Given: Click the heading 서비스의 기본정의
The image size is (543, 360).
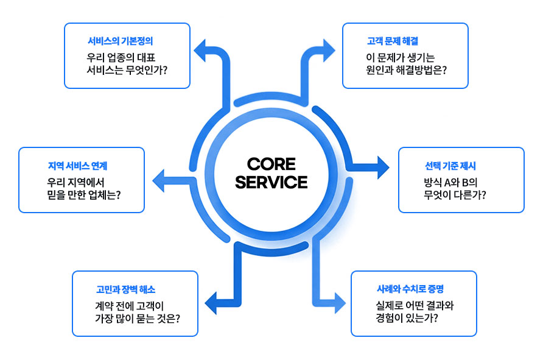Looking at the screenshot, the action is [120, 41].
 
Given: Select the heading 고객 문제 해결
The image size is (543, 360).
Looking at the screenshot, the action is [393, 41].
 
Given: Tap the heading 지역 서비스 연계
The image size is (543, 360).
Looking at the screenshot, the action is [77, 166].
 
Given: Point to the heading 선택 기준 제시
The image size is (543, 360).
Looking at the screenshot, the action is [450, 166].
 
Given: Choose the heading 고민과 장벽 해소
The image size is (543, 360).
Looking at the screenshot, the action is [126, 289].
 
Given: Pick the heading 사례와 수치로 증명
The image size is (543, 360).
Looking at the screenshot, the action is [410, 289].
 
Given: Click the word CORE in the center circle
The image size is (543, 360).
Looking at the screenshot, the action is [271, 164].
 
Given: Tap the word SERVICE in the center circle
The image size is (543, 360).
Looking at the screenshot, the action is [271, 182].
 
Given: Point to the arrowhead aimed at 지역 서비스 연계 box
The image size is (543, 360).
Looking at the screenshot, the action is [158, 180].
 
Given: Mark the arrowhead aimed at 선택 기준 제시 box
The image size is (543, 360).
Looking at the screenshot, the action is [384, 168].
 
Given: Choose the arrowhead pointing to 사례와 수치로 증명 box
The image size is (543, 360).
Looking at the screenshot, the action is [340, 303].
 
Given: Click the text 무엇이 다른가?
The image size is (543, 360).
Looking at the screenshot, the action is [455, 195].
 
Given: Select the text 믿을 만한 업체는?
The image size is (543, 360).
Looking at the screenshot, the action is [84, 195].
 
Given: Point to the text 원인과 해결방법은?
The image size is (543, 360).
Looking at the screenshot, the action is [406, 70].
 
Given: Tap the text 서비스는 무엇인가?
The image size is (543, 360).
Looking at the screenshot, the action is [127, 70].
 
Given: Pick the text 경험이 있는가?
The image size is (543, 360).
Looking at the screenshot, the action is [407, 318].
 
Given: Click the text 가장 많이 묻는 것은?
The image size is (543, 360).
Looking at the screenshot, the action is [138, 319].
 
